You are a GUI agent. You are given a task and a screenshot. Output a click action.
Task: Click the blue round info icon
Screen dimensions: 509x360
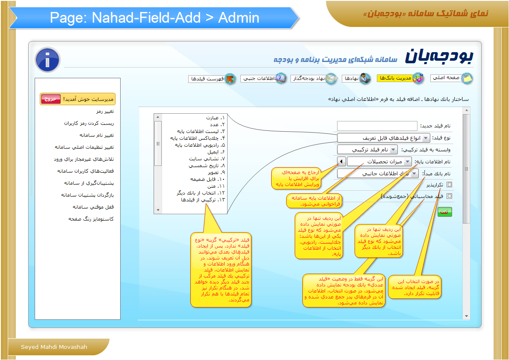[48, 60]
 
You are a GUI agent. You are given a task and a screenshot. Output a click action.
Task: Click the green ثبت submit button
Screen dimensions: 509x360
[445, 212]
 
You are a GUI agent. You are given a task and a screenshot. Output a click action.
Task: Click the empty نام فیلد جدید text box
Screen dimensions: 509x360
[377, 126]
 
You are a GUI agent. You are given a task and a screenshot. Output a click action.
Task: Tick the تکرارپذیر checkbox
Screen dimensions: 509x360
[449, 185]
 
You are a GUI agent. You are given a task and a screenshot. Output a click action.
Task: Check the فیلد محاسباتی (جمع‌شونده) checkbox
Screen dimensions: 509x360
[449, 196]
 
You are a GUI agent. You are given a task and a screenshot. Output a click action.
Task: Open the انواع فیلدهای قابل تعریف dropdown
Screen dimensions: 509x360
[384, 138]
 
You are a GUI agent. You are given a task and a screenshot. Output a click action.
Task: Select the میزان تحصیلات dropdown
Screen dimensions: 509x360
[379, 161]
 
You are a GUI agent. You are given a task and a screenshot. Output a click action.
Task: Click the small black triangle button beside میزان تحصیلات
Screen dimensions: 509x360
[341, 161]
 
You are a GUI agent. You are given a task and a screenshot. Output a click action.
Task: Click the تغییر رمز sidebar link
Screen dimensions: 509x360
[105, 111]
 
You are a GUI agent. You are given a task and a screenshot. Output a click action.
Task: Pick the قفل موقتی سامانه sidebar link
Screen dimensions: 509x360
[93, 207]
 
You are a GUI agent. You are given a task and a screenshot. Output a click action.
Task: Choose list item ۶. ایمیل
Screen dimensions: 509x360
[216, 152]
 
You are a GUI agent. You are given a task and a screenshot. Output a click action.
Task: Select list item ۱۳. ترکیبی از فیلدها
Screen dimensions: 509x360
[203, 200]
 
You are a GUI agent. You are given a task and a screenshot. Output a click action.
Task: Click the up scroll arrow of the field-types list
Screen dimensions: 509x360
[158, 117]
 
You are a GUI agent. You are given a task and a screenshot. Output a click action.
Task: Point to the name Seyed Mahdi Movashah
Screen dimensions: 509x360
[54, 347]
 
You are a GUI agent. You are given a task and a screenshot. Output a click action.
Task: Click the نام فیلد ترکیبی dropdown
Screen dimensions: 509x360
[367, 150]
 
